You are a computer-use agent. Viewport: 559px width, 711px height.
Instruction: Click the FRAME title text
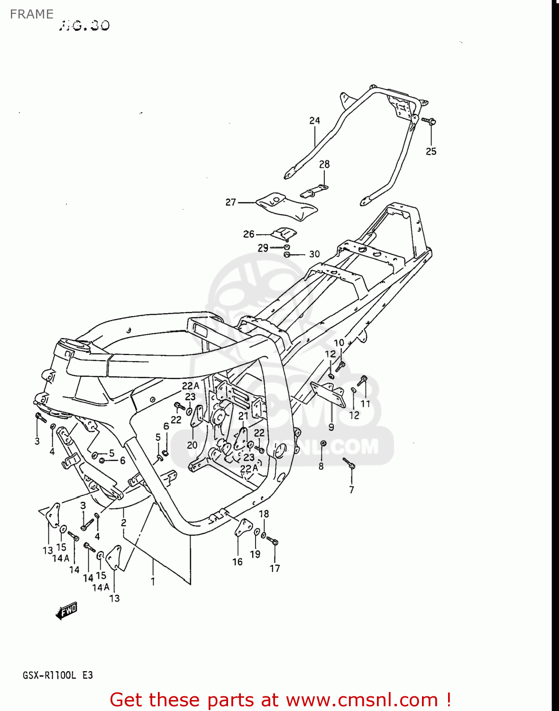pyautogui.click(x=31, y=14)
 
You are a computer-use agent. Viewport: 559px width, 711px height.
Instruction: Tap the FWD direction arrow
pyautogui.click(x=66, y=611)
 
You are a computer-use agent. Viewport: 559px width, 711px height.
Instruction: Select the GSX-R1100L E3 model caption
pyautogui.click(x=57, y=675)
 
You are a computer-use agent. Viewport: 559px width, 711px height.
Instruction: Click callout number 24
pyautogui.click(x=315, y=121)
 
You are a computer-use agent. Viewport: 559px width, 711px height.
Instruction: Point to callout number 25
pyautogui.click(x=431, y=151)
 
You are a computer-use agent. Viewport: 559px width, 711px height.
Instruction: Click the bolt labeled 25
pyautogui.click(x=429, y=121)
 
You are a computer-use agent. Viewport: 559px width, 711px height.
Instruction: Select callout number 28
pyautogui.click(x=324, y=164)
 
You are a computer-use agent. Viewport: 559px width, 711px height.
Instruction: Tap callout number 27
pyautogui.click(x=230, y=202)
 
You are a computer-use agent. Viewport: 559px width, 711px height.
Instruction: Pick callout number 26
pyautogui.click(x=249, y=234)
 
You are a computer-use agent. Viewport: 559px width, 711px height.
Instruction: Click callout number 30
pyautogui.click(x=314, y=254)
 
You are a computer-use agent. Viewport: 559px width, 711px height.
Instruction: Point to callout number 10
pyautogui.click(x=339, y=343)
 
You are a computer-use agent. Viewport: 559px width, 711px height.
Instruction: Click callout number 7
pyautogui.click(x=351, y=490)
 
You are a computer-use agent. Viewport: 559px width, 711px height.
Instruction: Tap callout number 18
pyautogui.click(x=264, y=514)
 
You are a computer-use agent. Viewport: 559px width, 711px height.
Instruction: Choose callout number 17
pyautogui.click(x=275, y=568)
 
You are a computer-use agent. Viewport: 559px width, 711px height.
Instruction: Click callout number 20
pyautogui.click(x=192, y=445)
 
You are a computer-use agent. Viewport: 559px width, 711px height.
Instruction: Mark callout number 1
pyautogui.click(x=153, y=581)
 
